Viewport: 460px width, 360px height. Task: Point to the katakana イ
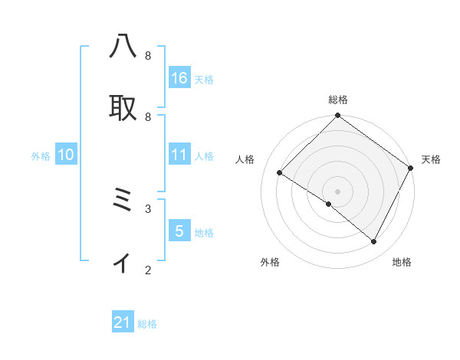coord(122,263)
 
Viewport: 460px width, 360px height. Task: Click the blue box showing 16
coord(179,77)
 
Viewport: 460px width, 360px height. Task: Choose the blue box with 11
coord(179,155)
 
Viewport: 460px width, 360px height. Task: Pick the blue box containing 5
coord(179,231)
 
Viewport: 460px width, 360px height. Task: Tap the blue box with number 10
coord(66,155)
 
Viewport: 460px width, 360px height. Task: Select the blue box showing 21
coord(123,322)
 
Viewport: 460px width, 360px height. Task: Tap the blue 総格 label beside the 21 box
coord(147,324)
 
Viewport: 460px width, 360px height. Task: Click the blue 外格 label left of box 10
coord(41,156)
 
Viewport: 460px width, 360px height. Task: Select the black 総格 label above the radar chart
coord(338,100)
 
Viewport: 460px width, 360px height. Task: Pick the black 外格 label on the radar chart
coord(270,262)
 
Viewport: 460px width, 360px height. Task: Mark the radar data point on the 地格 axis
coord(374,242)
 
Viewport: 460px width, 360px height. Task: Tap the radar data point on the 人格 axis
coord(280,173)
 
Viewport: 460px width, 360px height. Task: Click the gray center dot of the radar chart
coord(338,191)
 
